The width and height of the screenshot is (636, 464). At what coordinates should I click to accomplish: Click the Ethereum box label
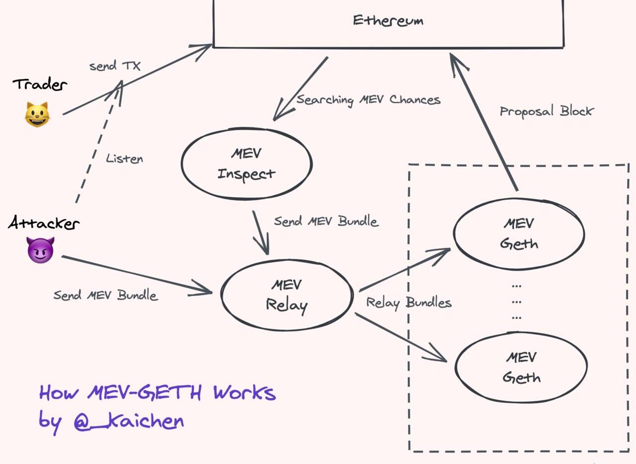coord(388,21)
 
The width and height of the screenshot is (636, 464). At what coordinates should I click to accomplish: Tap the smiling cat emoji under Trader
coord(37,114)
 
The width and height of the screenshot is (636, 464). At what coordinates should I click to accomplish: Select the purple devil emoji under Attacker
coord(40,250)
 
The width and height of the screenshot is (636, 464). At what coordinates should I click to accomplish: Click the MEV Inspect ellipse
coord(246,163)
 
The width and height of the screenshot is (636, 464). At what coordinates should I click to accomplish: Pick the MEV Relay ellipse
coord(287,295)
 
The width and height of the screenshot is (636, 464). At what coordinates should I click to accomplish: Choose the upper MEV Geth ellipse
coord(519,234)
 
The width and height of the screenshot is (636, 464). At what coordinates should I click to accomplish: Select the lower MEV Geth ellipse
coord(521,367)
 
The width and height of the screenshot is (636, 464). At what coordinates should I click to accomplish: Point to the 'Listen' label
coord(124,159)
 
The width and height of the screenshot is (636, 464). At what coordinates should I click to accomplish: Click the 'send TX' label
coord(115,66)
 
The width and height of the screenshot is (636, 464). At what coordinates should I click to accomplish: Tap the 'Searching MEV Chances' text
coord(368,100)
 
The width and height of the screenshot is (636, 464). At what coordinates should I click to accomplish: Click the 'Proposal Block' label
coord(546,111)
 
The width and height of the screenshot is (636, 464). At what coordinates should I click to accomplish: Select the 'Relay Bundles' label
coord(408,302)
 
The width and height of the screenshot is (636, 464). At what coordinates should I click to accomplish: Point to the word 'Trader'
coord(40,84)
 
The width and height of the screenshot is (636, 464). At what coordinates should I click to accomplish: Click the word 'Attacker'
coord(43,224)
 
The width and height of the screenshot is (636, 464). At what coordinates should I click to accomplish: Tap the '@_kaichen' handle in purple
coord(129,421)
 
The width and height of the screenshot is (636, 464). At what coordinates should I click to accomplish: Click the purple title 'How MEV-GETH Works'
coord(157,393)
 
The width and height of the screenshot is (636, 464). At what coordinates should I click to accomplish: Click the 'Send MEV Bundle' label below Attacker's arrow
coord(105,295)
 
